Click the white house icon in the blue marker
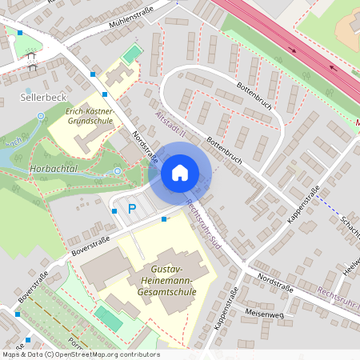point(179,173)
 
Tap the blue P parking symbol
point(133,209)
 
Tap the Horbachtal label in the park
point(52,170)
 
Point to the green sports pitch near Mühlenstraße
point(131,54)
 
